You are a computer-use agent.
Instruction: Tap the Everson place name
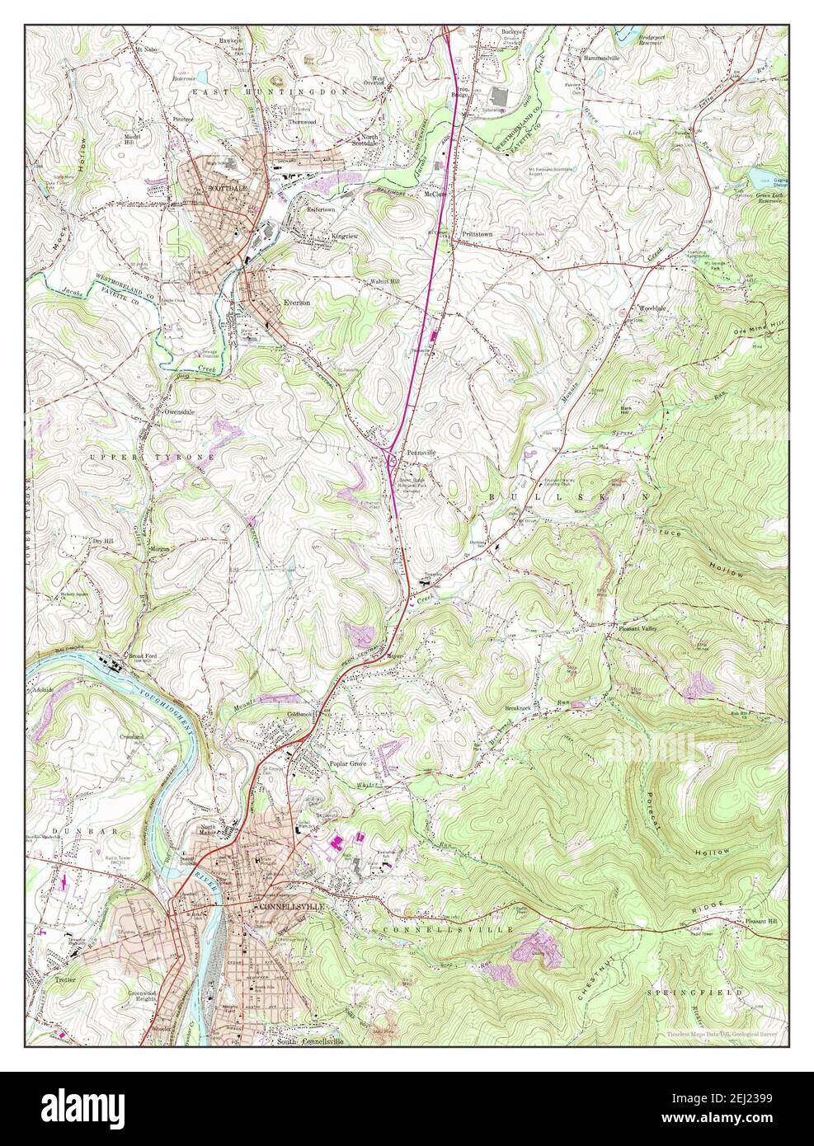pos(297,303)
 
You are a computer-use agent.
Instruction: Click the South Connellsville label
pos(309,1040)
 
